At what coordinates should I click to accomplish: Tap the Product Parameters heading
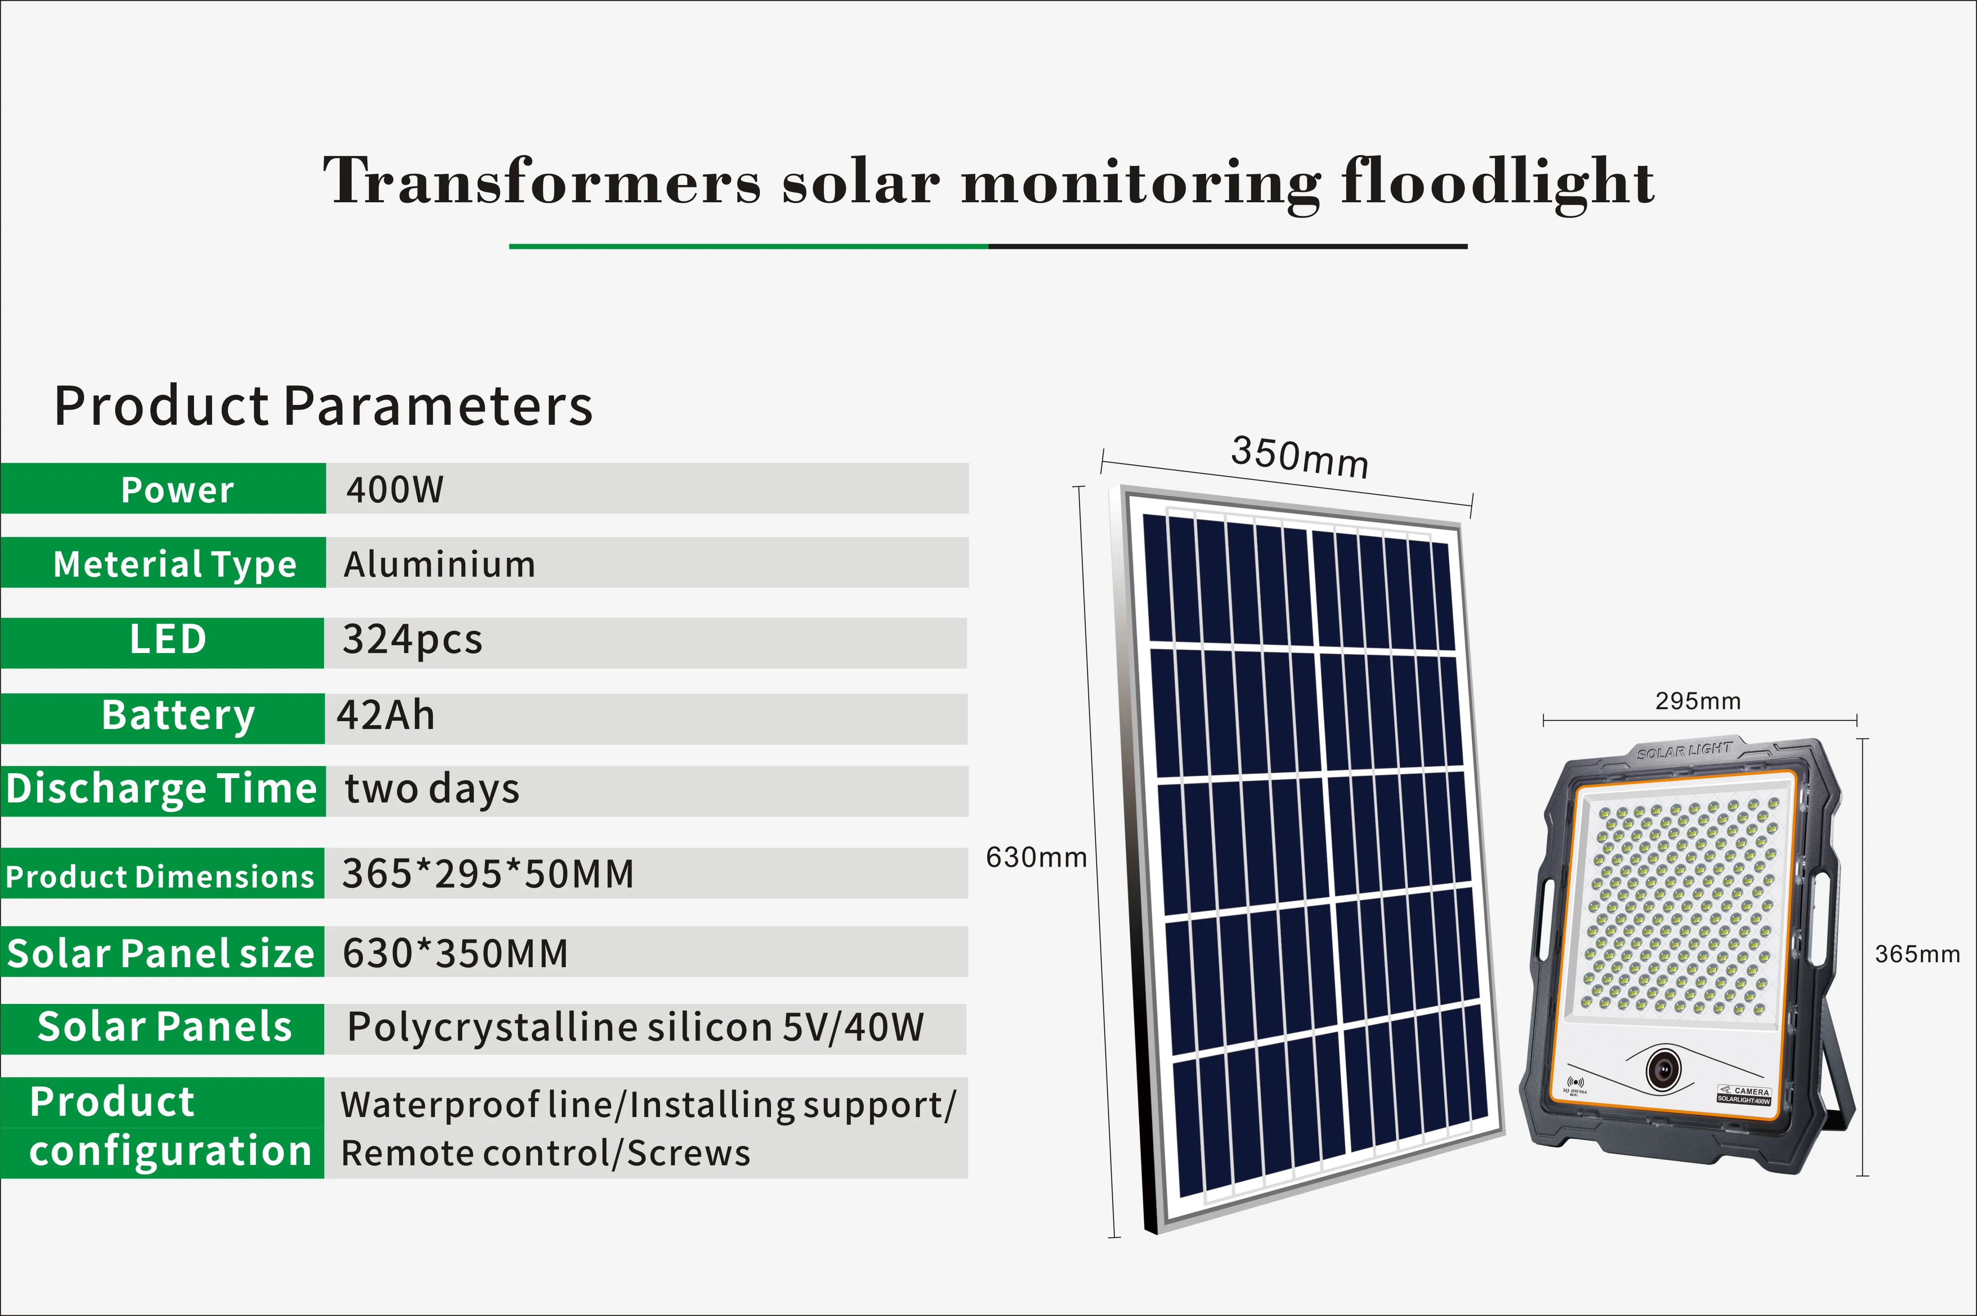[323, 406]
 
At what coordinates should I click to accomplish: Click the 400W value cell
[395, 489]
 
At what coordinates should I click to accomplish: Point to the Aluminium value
[439, 564]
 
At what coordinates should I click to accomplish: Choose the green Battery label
[178, 716]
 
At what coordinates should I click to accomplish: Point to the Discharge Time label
[161, 790]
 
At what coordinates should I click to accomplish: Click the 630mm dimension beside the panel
[1036, 858]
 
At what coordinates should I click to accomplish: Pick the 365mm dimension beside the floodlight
[1918, 954]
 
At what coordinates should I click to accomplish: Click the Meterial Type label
[175, 564]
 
